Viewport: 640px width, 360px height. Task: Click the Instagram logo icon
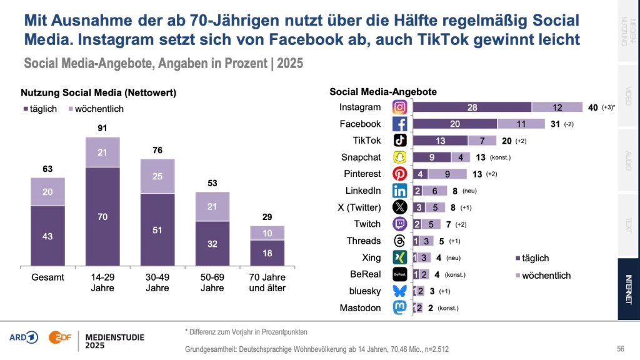pos(400,107)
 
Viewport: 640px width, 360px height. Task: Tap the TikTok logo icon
pos(400,140)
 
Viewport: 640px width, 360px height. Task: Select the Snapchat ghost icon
pos(400,157)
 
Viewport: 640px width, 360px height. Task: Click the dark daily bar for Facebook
pos(455,124)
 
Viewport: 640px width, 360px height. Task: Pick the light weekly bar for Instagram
pos(557,107)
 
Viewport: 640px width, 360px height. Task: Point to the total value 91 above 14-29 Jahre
pos(102,128)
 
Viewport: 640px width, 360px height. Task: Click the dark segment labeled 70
pos(102,216)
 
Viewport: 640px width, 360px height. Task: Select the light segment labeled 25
pos(157,176)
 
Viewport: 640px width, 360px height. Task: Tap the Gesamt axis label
pos(47,277)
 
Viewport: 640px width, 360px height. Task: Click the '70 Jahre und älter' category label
pos(267,282)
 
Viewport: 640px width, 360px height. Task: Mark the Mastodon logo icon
pos(400,307)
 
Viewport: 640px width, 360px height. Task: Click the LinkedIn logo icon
pos(400,191)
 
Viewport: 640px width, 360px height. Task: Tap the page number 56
pos(621,349)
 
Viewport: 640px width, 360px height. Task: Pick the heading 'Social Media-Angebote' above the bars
pos(382,92)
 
